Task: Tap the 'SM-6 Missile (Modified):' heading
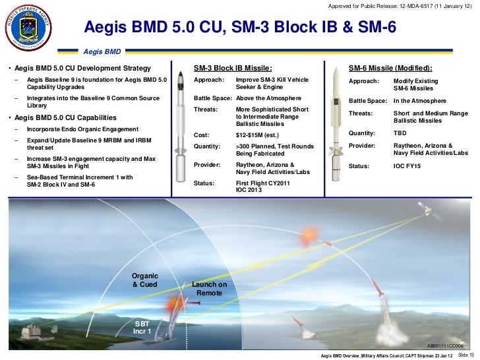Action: coord(390,68)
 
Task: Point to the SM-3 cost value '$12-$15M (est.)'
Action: coord(258,135)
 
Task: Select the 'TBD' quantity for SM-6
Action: coord(400,133)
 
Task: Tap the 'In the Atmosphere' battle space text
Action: coord(419,101)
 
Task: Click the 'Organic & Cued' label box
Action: coord(145,280)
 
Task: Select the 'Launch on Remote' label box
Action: coord(209,288)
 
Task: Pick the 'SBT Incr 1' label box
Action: coord(142,327)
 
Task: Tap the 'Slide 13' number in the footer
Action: coord(465,355)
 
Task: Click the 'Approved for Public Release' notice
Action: coord(400,6)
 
